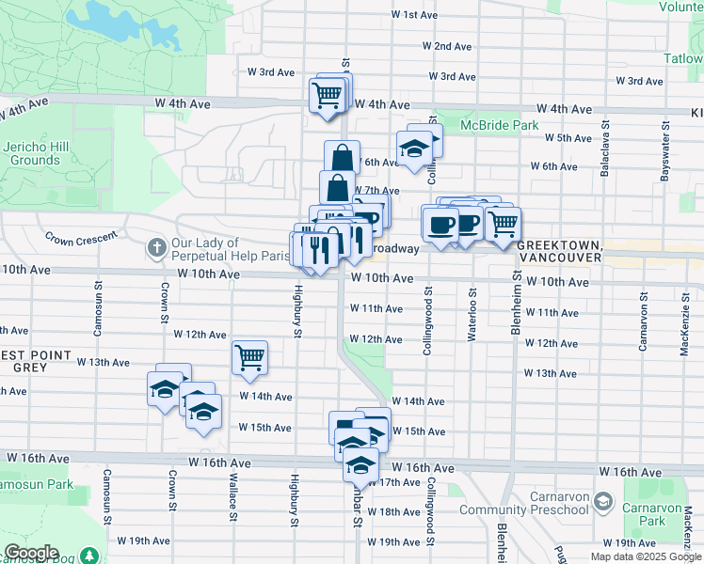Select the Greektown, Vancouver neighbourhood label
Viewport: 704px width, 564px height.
[x=559, y=250]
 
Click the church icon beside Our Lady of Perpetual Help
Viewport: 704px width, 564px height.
[x=157, y=249]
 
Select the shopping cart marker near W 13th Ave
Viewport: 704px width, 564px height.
[x=250, y=357]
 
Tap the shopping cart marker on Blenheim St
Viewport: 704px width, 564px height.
[x=504, y=224]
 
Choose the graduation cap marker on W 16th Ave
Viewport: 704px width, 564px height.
[x=360, y=463]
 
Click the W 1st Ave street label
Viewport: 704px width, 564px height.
[x=414, y=15]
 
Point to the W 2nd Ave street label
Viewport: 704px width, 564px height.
[x=446, y=46]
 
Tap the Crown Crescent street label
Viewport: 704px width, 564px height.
[x=82, y=234]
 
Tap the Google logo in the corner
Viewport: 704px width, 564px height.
[x=32, y=553]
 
